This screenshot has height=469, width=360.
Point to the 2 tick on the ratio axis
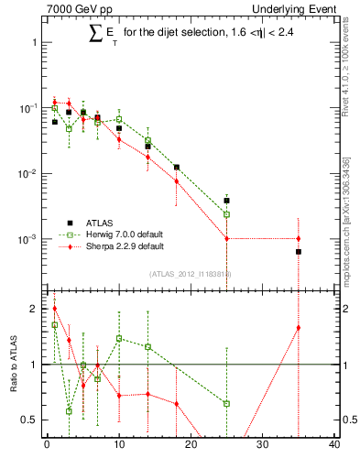[x=33, y=309]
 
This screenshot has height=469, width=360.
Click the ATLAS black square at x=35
[x=299, y=251]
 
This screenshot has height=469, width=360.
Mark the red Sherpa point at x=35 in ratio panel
[x=299, y=328]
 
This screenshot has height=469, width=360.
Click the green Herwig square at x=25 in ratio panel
[x=226, y=403]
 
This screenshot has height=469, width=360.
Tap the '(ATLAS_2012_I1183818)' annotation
[x=190, y=273]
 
